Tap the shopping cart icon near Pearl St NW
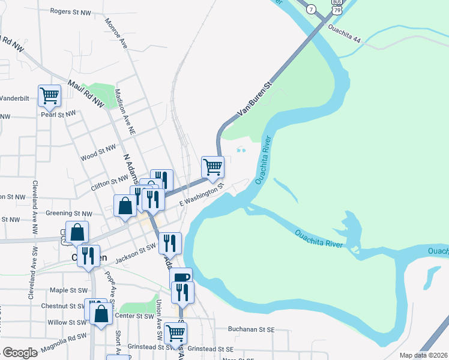pyautogui.click(x=49, y=95)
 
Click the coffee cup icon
pyautogui.click(x=181, y=278)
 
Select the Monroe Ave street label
pyautogui.click(x=116, y=34)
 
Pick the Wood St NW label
pyautogui.click(x=98, y=152)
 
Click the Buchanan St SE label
pyautogui.click(x=251, y=329)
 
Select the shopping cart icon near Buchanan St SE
pyautogui.click(x=175, y=332)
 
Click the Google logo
pyautogui.click(x=20, y=353)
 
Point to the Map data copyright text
pyautogui.click(x=423, y=355)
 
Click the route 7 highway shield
pyautogui.click(x=310, y=9)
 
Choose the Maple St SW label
pyautogui.click(x=68, y=290)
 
